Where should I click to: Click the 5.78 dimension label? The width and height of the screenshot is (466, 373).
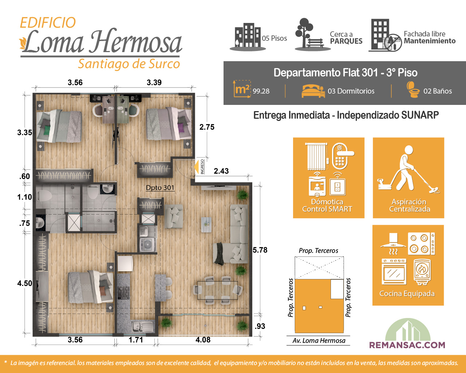click(x=260, y=250)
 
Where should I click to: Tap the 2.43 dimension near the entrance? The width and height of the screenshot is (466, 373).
click(x=221, y=171)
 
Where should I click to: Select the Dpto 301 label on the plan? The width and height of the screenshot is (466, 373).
click(x=160, y=188)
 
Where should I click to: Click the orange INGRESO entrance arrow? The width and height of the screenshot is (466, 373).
click(x=196, y=167)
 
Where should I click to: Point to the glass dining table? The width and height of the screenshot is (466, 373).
click(x=217, y=290)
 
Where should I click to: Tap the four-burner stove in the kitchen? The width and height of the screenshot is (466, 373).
click(x=123, y=292)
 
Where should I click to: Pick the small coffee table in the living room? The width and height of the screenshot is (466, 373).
click(x=206, y=225)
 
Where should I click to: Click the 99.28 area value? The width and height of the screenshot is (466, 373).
click(x=261, y=91)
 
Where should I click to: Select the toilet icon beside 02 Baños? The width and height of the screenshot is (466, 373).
click(x=412, y=90)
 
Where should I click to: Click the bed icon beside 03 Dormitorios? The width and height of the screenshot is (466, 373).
click(x=313, y=91)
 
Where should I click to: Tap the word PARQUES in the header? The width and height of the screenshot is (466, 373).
click(x=346, y=41)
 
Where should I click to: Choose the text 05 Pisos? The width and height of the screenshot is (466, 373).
click(x=275, y=38)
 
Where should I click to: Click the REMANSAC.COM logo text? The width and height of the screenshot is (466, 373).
click(x=407, y=345)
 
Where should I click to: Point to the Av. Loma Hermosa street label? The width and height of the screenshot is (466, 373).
click(x=319, y=341)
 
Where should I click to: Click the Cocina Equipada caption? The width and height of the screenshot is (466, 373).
click(x=407, y=294)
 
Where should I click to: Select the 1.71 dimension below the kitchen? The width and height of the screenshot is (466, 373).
click(x=136, y=339)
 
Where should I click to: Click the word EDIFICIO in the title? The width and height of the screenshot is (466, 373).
click(x=48, y=23)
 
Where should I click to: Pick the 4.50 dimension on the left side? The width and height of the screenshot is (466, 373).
click(x=25, y=283)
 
